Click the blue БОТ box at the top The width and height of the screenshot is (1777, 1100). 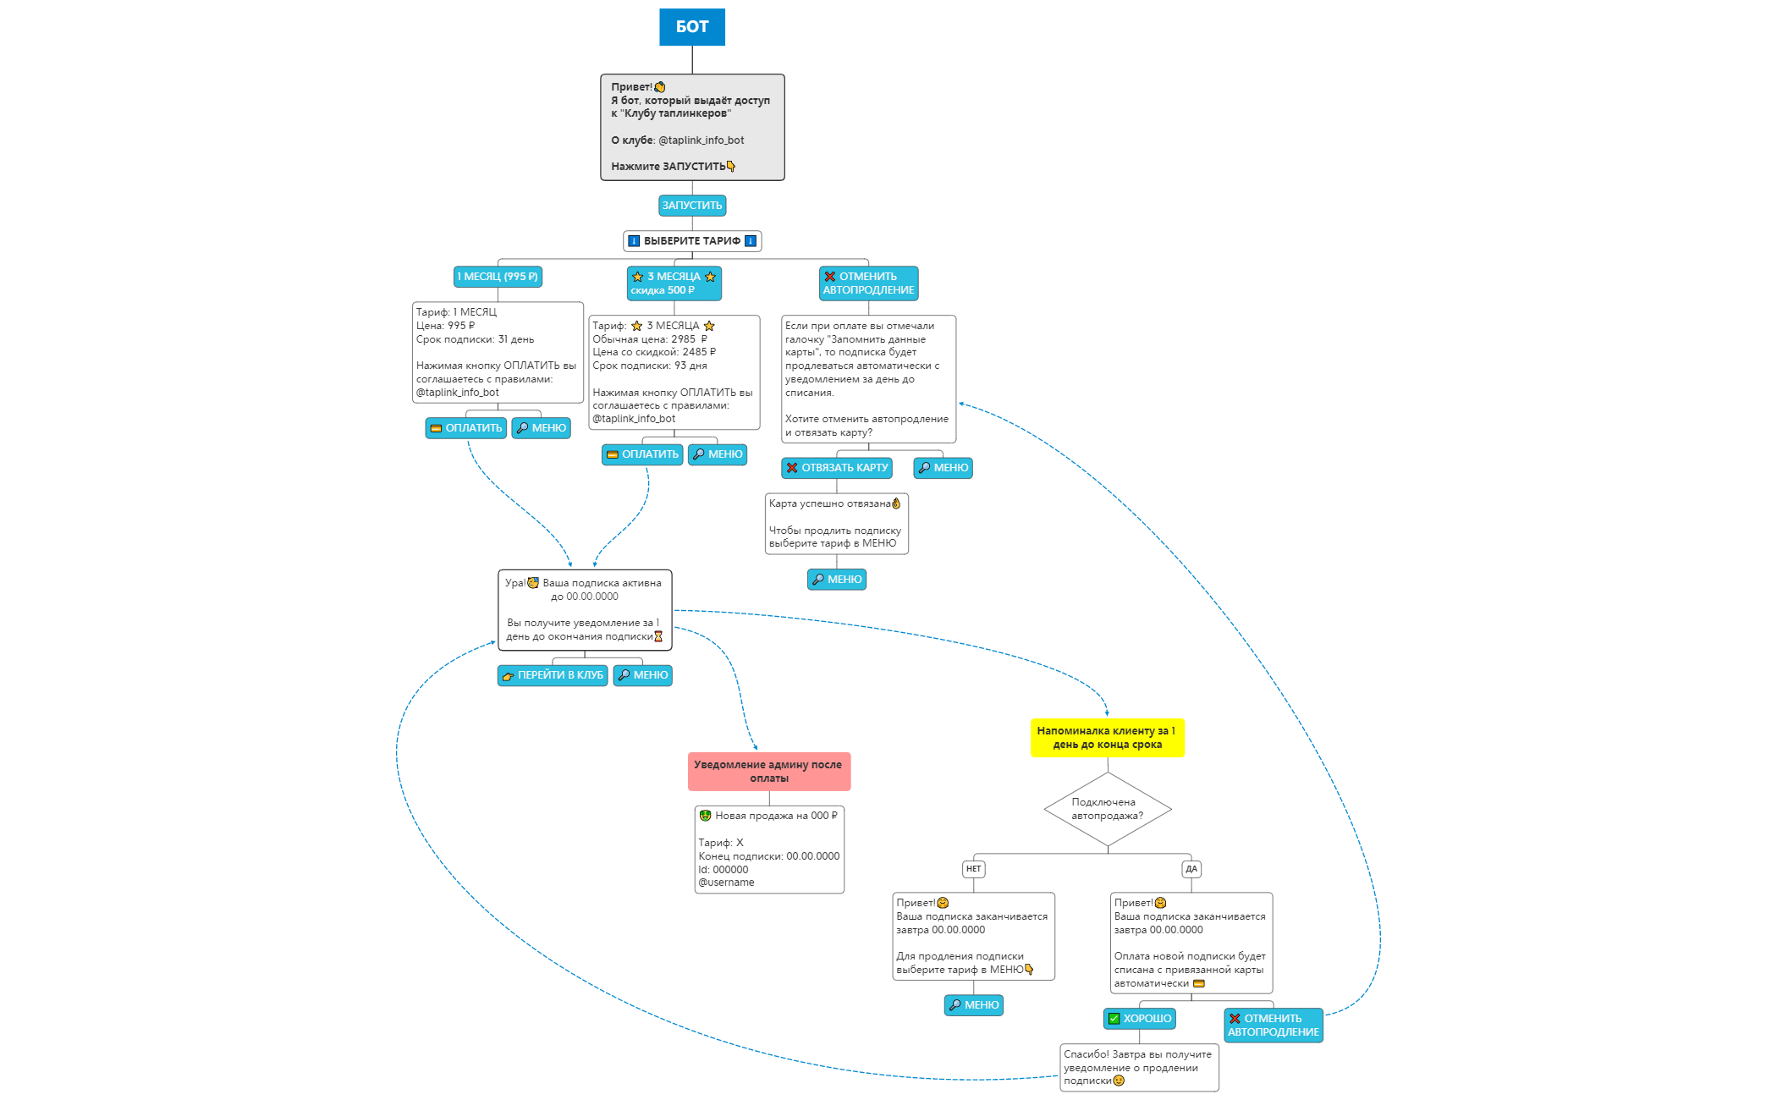tap(691, 27)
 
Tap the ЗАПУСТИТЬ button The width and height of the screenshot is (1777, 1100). tap(691, 206)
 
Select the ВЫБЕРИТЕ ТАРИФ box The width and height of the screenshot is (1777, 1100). tap(691, 241)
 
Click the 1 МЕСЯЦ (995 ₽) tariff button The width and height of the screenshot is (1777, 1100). tap(498, 277)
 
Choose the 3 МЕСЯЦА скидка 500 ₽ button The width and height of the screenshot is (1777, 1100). tap(674, 283)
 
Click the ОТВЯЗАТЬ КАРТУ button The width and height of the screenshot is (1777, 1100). tap(836, 468)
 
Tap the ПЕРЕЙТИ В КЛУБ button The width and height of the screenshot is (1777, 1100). tap(552, 675)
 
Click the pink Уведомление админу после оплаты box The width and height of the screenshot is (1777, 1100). tap(768, 772)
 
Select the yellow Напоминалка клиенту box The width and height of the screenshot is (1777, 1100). tap(1107, 738)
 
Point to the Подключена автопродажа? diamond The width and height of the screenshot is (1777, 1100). tap(1107, 809)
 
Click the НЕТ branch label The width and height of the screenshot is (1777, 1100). tap(973, 869)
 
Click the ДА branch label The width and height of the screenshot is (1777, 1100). tap(1191, 869)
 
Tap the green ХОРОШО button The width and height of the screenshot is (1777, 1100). tap(1139, 1019)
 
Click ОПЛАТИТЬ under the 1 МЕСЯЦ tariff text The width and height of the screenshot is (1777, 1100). tap(465, 428)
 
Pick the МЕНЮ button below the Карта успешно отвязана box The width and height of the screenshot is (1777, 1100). tap(836, 580)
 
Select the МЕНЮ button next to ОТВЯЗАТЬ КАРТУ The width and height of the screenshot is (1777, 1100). tap(943, 468)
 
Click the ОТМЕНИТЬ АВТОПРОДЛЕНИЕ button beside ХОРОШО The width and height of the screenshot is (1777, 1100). tap(1273, 1026)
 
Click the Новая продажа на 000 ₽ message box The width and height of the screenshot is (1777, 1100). tap(768, 849)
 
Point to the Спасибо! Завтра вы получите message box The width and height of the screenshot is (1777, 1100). tap(1138, 1068)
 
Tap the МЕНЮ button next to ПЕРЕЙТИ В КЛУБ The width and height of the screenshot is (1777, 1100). tap(642, 675)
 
